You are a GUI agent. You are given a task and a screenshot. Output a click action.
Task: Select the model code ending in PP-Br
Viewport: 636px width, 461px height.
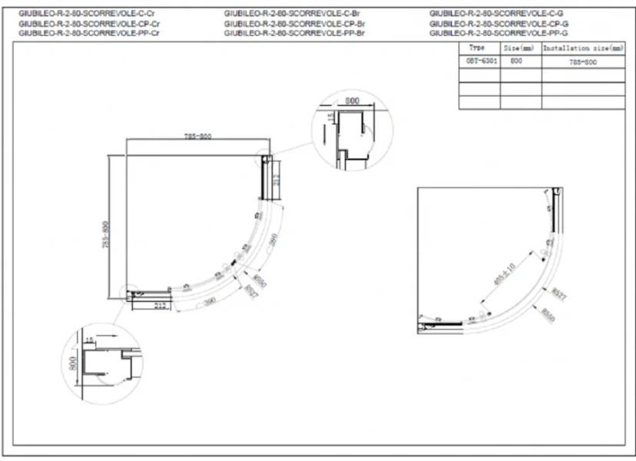point(293,34)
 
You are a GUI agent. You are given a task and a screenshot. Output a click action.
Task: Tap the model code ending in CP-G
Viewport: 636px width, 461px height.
point(499,24)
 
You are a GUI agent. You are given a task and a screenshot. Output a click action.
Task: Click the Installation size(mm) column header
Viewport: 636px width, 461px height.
point(583,48)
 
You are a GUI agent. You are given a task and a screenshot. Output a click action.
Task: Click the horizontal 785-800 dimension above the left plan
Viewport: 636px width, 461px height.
point(197,137)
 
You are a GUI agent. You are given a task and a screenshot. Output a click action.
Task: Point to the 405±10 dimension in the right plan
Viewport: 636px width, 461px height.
point(505,274)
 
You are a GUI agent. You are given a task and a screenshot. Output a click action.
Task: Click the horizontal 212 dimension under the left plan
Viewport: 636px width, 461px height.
point(160,306)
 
